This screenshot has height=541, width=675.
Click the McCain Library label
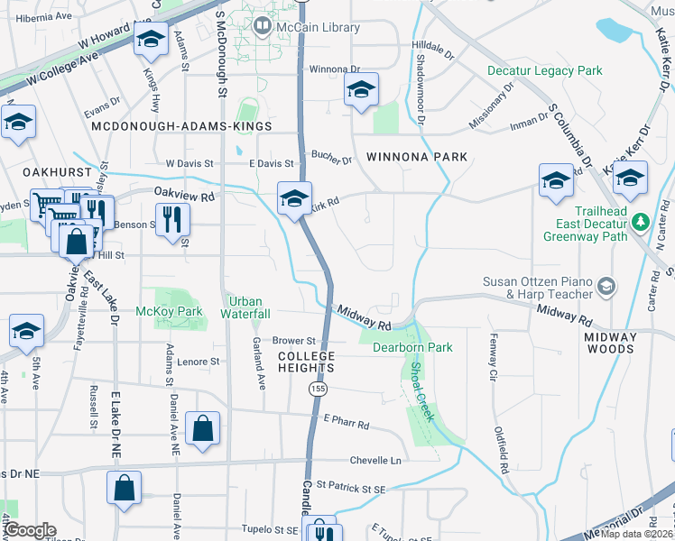coord(319,28)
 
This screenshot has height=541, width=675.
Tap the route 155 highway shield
coord(317,389)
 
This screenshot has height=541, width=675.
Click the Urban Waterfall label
coord(249,307)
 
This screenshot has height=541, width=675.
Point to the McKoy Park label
coord(176,312)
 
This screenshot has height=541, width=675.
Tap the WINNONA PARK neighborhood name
coord(417,157)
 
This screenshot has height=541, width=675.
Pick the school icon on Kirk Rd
coord(293,198)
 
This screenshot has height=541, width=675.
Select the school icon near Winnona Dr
coord(361,89)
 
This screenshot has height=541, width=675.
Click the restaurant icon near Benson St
coord(171,218)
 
